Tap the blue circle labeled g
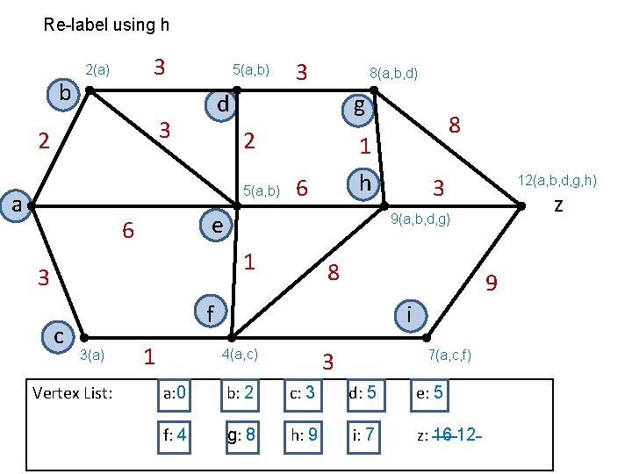tap(359, 108)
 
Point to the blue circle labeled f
tap(210, 312)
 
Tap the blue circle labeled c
tap(59, 334)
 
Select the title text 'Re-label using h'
tap(106, 25)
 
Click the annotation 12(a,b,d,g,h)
tap(557, 181)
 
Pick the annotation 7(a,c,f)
tap(450, 355)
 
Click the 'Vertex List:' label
tap(72, 392)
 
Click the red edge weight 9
tap(492, 283)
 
